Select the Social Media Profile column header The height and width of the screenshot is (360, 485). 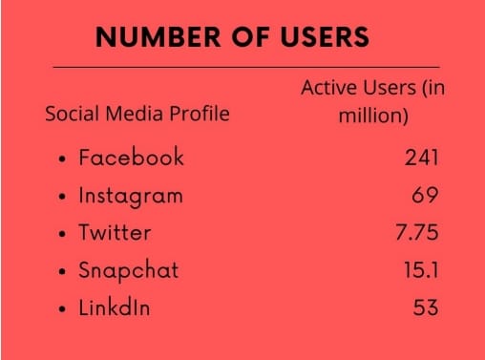coord(137,114)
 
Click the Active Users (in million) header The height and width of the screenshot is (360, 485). coord(373,102)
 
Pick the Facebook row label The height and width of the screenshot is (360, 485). coord(131,158)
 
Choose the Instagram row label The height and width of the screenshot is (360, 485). coord(131,196)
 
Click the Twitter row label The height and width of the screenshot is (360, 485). coord(115,232)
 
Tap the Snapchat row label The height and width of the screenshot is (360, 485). coord(128,270)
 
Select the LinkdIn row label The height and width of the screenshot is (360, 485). coord(115,307)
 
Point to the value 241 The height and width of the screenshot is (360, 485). coord(421,158)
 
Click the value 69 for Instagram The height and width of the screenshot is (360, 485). coord(426,196)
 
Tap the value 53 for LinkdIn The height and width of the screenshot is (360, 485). coord(426,307)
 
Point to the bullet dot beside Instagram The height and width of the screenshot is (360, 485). coord(62,198)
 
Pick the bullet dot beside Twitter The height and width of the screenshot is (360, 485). coord(62,234)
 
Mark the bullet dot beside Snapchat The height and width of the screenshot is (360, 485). coord(62,272)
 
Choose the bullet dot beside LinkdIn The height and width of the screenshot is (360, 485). coord(62,309)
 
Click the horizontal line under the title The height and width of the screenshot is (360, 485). coord(245,68)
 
